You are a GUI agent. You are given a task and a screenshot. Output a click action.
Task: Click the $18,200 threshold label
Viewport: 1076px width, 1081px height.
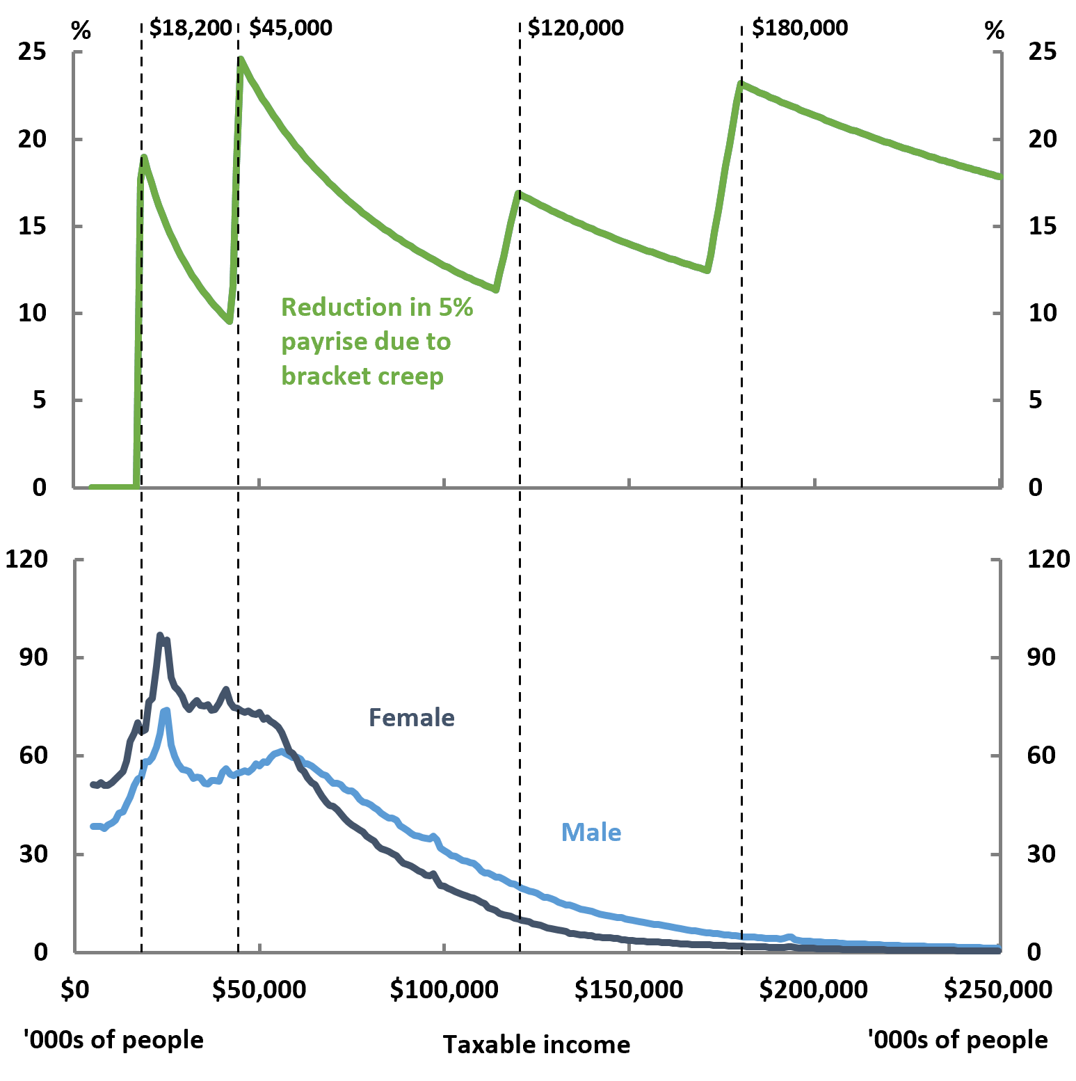[x=190, y=28]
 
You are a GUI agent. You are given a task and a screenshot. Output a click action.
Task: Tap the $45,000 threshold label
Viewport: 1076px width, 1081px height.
[x=291, y=28]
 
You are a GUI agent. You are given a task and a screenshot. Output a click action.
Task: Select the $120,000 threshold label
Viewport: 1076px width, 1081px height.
[x=575, y=28]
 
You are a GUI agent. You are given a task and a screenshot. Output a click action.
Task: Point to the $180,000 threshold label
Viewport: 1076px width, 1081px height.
[x=800, y=28]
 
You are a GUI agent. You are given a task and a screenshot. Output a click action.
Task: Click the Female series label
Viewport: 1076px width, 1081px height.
[x=411, y=717]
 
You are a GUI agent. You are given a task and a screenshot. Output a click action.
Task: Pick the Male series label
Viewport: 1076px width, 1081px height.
[x=591, y=832]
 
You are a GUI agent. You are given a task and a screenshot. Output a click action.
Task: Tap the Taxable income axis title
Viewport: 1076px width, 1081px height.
[x=536, y=1044]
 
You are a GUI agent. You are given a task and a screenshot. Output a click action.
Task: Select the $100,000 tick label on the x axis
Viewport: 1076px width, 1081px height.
[x=444, y=988]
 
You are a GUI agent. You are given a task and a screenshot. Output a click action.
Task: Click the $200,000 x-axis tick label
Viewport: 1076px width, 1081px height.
[x=813, y=988]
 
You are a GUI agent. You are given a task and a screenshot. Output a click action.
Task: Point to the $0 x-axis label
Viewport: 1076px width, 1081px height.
[x=74, y=988]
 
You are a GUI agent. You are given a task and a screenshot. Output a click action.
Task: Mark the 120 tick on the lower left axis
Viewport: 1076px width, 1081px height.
[x=26, y=559]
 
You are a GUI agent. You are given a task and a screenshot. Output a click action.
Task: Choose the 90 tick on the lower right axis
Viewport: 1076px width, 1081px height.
[x=1041, y=657]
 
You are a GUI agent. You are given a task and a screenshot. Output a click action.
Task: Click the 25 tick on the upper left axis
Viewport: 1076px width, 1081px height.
[x=32, y=51]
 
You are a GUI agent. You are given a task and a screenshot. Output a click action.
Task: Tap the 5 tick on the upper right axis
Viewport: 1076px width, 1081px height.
[x=1035, y=400]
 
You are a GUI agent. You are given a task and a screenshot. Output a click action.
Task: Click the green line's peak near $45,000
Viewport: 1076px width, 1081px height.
[x=241, y=60]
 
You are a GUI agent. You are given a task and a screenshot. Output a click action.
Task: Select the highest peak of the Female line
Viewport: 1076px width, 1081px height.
[x=160, y=635]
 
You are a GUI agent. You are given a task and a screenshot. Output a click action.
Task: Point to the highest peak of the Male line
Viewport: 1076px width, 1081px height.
[x=166, y=710]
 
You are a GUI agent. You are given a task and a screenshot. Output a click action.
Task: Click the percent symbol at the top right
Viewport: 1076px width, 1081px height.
[x=995, y=31]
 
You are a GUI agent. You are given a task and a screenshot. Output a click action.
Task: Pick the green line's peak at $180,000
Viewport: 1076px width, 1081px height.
[x=741, y=83]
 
